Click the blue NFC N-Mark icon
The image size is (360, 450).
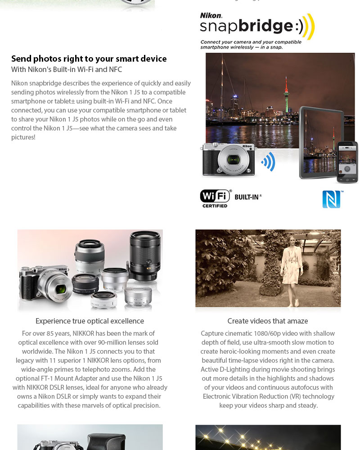(x=332, y=199)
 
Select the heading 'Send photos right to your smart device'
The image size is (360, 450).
(x=89, y=58)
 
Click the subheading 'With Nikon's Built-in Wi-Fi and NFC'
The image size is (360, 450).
(x=67, y=69)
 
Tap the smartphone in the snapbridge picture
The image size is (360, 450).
(x=347, y=162)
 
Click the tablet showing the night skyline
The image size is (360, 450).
(x=317, y=142)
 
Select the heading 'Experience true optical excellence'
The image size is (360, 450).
(x=90, y=321)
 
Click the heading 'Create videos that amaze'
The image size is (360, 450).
(x=268, y=321)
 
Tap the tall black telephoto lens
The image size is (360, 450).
(x=144, y=254)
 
